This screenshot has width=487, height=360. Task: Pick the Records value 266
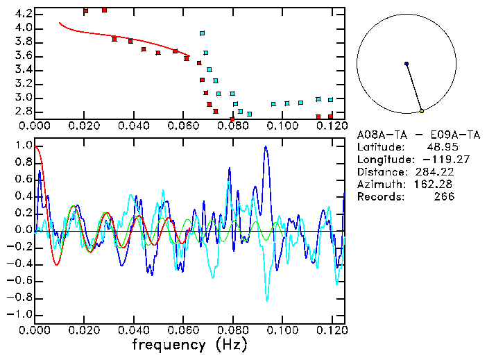(x=444, y=196)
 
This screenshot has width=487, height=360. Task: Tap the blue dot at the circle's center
(x=407, y=64)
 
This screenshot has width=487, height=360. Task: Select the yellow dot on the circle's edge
(x=422, y=111)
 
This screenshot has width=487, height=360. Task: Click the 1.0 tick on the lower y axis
(x=23, y=146)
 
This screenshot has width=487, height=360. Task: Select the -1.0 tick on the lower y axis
(x=21, y=314)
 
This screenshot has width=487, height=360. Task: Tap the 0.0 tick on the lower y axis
(x=23, y=230)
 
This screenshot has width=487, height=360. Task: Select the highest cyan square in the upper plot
(x=202, y=33)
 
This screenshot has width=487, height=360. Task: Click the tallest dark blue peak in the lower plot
(x=266, y=147)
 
